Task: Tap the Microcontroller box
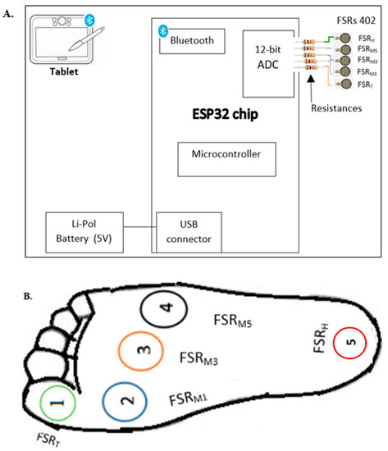[x=221, y=154]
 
